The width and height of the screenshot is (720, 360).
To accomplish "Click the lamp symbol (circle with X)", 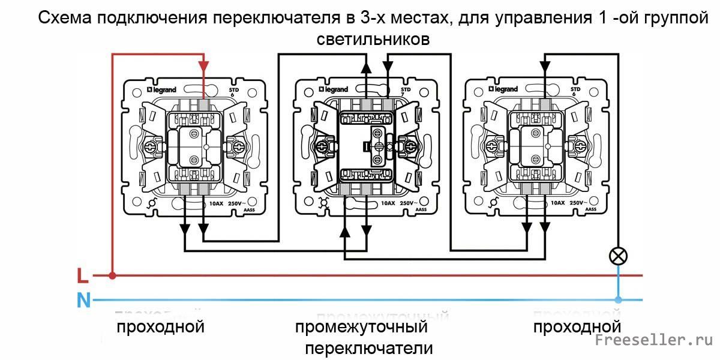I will tap(618, 256).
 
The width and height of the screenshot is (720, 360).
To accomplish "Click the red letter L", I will tap(83, 276).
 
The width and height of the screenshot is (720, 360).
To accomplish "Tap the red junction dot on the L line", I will tap(112, 276).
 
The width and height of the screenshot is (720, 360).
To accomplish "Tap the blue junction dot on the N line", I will tap(618, 299).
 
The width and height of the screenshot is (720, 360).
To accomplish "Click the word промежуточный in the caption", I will tap(361, 328).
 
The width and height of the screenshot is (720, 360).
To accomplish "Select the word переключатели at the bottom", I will tap(369, 349).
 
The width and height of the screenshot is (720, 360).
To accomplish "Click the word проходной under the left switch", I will tap(160, 327).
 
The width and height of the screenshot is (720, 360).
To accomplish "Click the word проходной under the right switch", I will tap(577, 327).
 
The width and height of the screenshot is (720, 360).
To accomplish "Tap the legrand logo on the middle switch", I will tap(333, 89).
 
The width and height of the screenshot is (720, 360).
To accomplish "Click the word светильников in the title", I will tap(373, 40).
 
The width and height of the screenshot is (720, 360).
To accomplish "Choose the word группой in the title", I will tap(674, 18).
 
